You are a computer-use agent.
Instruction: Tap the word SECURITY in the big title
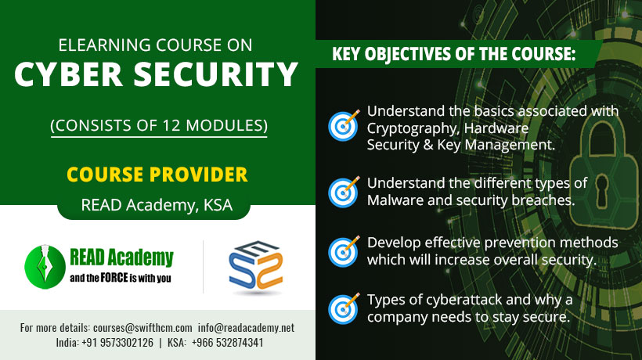[216, 74]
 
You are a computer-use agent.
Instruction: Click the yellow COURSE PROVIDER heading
[157, 175]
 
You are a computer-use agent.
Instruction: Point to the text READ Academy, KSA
[157, 205]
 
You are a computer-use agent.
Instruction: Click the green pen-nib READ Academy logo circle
[45, 267]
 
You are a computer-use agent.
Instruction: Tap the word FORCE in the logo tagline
[114, 278]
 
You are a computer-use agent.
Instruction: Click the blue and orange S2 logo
[256, 266]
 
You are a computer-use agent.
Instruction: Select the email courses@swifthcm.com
[142, 328]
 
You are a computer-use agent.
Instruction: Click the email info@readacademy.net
[246, 328]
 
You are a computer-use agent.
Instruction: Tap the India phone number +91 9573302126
[117, 343]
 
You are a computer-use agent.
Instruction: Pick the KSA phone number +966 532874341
[227, 343]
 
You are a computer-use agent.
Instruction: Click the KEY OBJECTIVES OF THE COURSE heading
[453, 54]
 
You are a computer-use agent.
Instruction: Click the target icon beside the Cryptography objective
[344, 125]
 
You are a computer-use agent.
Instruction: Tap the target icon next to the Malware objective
[344, 192]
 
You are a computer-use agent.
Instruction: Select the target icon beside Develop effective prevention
[344, 251]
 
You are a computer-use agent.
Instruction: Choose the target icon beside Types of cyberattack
[344, 309]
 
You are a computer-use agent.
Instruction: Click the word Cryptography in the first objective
[412, 128]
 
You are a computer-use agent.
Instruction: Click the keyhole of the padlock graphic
[601, 191]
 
